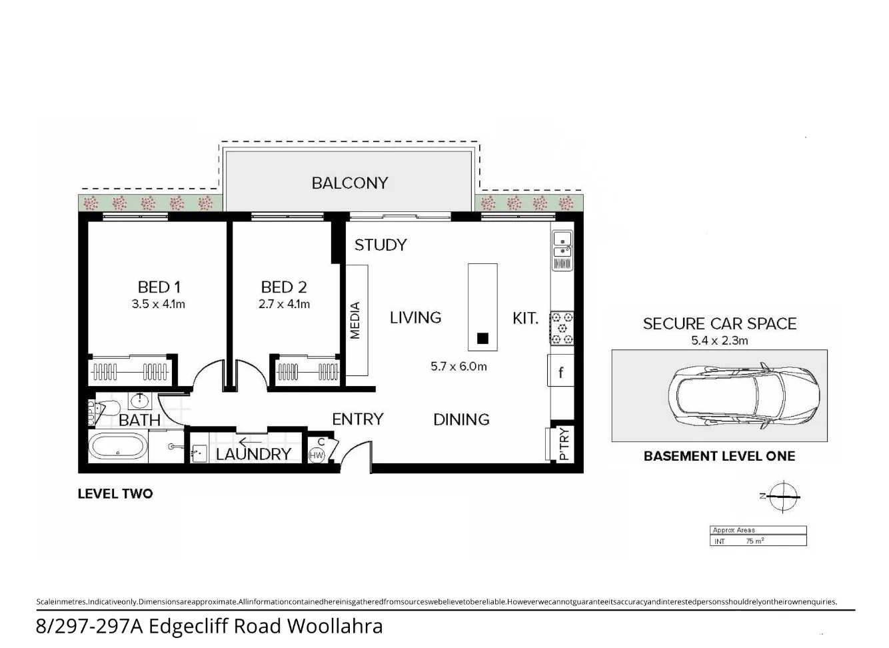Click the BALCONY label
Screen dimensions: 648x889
(x=349, y=183)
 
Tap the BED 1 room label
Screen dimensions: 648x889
(x=159, y=287)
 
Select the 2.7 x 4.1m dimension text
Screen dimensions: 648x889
(x=284, y=304)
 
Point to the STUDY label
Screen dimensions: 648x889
(x=380, y=245)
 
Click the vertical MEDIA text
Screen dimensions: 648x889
(x=355, y=320)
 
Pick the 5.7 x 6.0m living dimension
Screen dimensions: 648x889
(x=458, y=366)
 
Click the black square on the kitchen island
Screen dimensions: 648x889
(x=482, y=338)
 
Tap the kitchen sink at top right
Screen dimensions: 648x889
(x=562, y=244)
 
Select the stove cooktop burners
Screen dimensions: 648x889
(x=562, y=328)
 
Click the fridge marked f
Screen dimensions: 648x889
(x=560, y=373)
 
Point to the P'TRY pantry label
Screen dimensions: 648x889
(x=563, y=444)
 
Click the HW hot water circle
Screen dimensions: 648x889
(x=317, y=455)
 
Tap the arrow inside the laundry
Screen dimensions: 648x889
(x=250, y=441)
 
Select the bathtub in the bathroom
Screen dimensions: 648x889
(x=117, y=447)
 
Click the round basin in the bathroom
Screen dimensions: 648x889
(x=139, y=401)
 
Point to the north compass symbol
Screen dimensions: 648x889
(x=782, y=496)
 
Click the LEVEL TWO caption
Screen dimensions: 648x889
(x=115, y=494)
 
